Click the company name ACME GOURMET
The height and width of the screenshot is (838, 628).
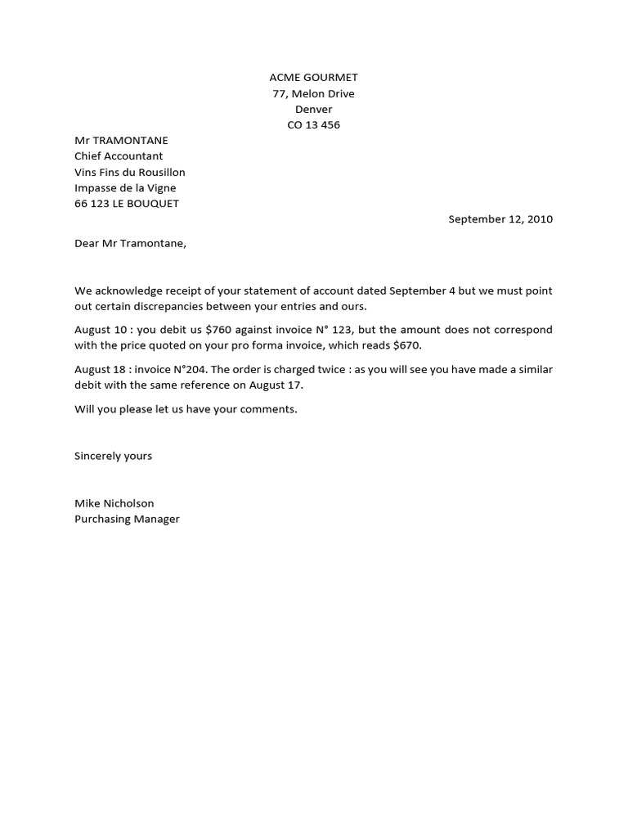313,78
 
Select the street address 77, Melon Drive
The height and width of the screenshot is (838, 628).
313,93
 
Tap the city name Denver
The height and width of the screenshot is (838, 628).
313,109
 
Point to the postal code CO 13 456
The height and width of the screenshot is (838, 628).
313,125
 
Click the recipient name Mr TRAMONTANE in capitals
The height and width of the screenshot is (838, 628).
121,141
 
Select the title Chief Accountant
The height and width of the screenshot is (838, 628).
119,156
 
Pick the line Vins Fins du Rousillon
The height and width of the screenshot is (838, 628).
130,172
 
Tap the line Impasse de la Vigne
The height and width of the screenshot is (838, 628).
125,188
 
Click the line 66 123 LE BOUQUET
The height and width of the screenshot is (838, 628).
127,204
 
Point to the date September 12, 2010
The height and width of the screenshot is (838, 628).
500,219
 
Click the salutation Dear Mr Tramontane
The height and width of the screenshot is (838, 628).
131,243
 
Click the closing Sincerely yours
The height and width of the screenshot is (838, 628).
113,456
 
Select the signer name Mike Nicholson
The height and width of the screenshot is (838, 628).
114,503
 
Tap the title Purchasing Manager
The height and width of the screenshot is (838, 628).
127,519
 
